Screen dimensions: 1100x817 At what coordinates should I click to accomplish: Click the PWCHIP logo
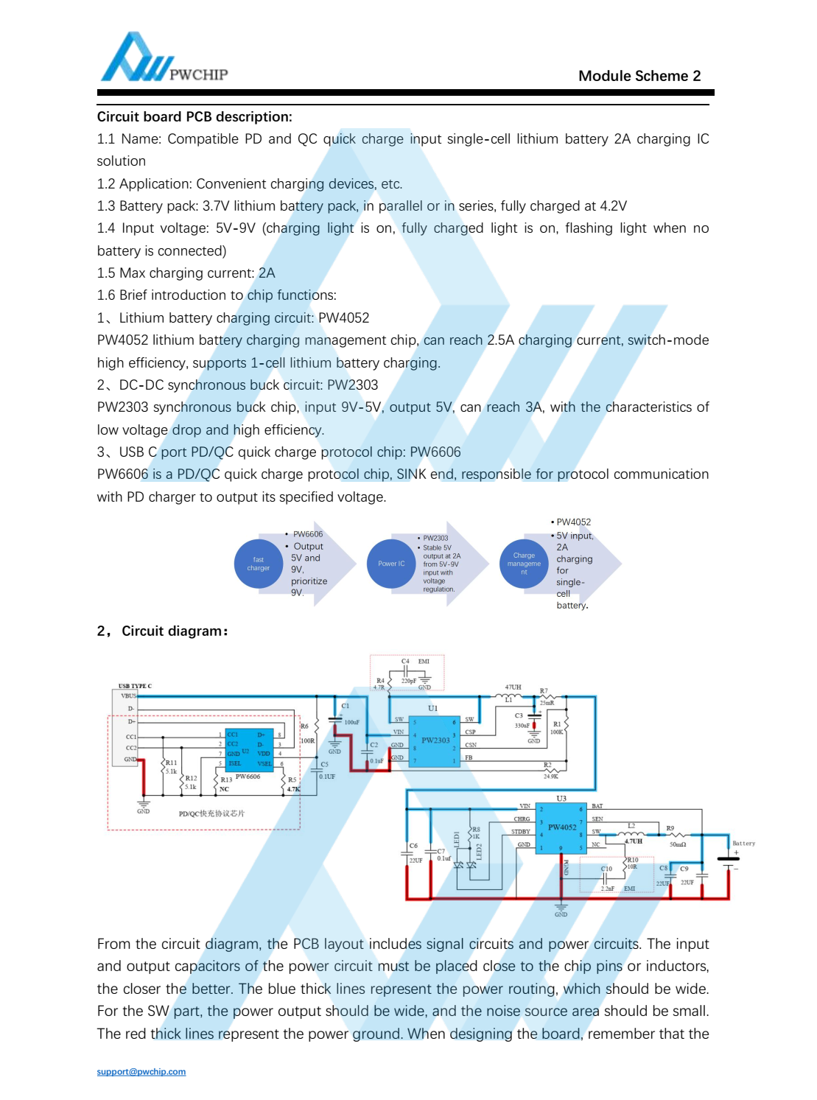point(164,58)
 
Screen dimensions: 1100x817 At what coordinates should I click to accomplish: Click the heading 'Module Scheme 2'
point(639,76)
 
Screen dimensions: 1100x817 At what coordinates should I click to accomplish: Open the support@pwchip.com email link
point(141,1071)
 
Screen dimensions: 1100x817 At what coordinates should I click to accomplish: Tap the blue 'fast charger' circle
point(259,564)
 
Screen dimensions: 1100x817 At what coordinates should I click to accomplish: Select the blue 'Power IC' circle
point(391,564)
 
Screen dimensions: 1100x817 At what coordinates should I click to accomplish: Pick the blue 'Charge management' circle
point(524,564)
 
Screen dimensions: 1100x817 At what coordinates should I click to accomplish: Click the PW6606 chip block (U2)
point(249,749)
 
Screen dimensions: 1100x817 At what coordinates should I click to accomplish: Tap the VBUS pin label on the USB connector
point(129,696)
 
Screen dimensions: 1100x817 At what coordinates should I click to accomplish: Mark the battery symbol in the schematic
point(728,859)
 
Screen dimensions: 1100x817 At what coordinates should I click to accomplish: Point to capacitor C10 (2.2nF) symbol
point(604,879)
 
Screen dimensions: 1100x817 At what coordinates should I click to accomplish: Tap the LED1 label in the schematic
point(457,839)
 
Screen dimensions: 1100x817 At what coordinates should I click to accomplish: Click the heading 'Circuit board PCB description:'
point(194,116)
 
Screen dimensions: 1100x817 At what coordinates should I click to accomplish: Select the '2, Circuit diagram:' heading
point(163,631)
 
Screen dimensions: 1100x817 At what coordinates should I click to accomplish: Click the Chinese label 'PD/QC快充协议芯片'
point(211,813)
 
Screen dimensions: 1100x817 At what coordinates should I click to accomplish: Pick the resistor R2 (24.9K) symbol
point(548,770)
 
